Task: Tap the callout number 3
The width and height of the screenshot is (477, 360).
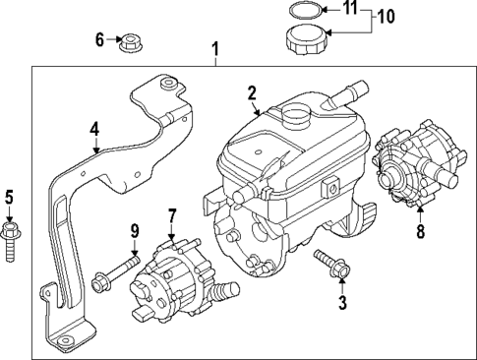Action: (342, 303)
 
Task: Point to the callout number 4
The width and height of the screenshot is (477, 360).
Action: (94, 128)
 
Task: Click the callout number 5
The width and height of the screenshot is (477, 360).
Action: (9, 196)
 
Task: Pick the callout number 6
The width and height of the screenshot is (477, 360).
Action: (99, 39)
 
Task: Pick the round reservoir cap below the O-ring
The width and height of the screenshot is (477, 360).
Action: (305, 43)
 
